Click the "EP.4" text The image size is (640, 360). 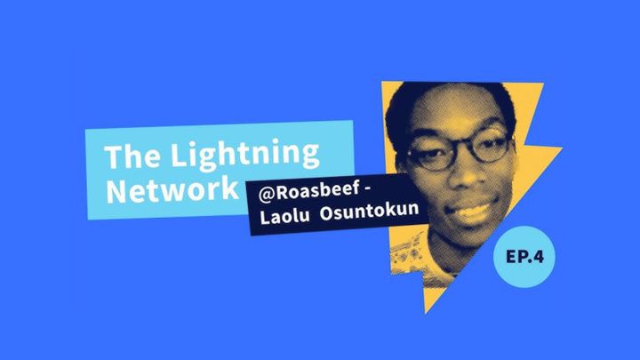coord(524,257)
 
